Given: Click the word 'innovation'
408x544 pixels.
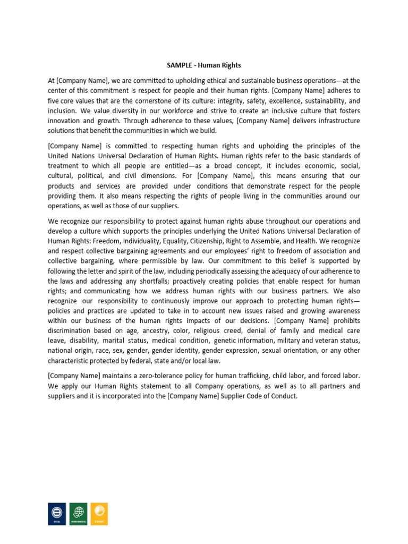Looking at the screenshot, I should pyautogui.click(x=66, y=121).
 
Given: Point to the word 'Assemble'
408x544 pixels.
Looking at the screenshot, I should pyautogui.click(x=273, y=241).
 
